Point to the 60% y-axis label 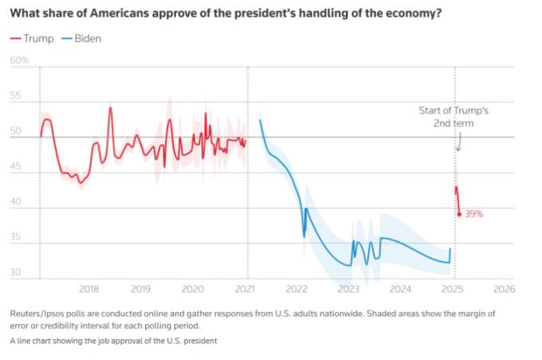[19, 61]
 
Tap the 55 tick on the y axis [16, 96]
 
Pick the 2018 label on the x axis [88, 288]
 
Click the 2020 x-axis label [192, 288]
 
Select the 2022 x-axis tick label [297, 288]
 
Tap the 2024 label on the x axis [400, 288]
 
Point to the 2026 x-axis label [504, 288]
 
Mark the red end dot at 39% [460, 213]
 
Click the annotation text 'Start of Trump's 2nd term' [454, 117]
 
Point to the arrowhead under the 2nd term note [458, 149]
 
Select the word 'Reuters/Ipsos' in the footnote [38, 313]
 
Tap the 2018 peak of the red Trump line [111, 107]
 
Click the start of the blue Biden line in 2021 [261, 120]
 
